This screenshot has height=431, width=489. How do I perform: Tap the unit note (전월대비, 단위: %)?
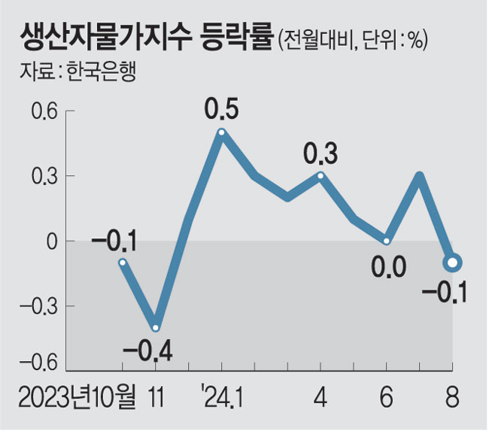[353, 39]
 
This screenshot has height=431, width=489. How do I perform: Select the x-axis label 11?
[155, 396]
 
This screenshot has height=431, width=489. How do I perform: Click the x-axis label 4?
[321, 396]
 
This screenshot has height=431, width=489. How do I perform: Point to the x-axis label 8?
[451, 396]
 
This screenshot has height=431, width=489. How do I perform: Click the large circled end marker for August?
[452, 263]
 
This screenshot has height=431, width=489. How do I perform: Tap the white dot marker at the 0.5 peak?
[222, 133]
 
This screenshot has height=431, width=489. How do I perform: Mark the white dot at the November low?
[156, 328]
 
